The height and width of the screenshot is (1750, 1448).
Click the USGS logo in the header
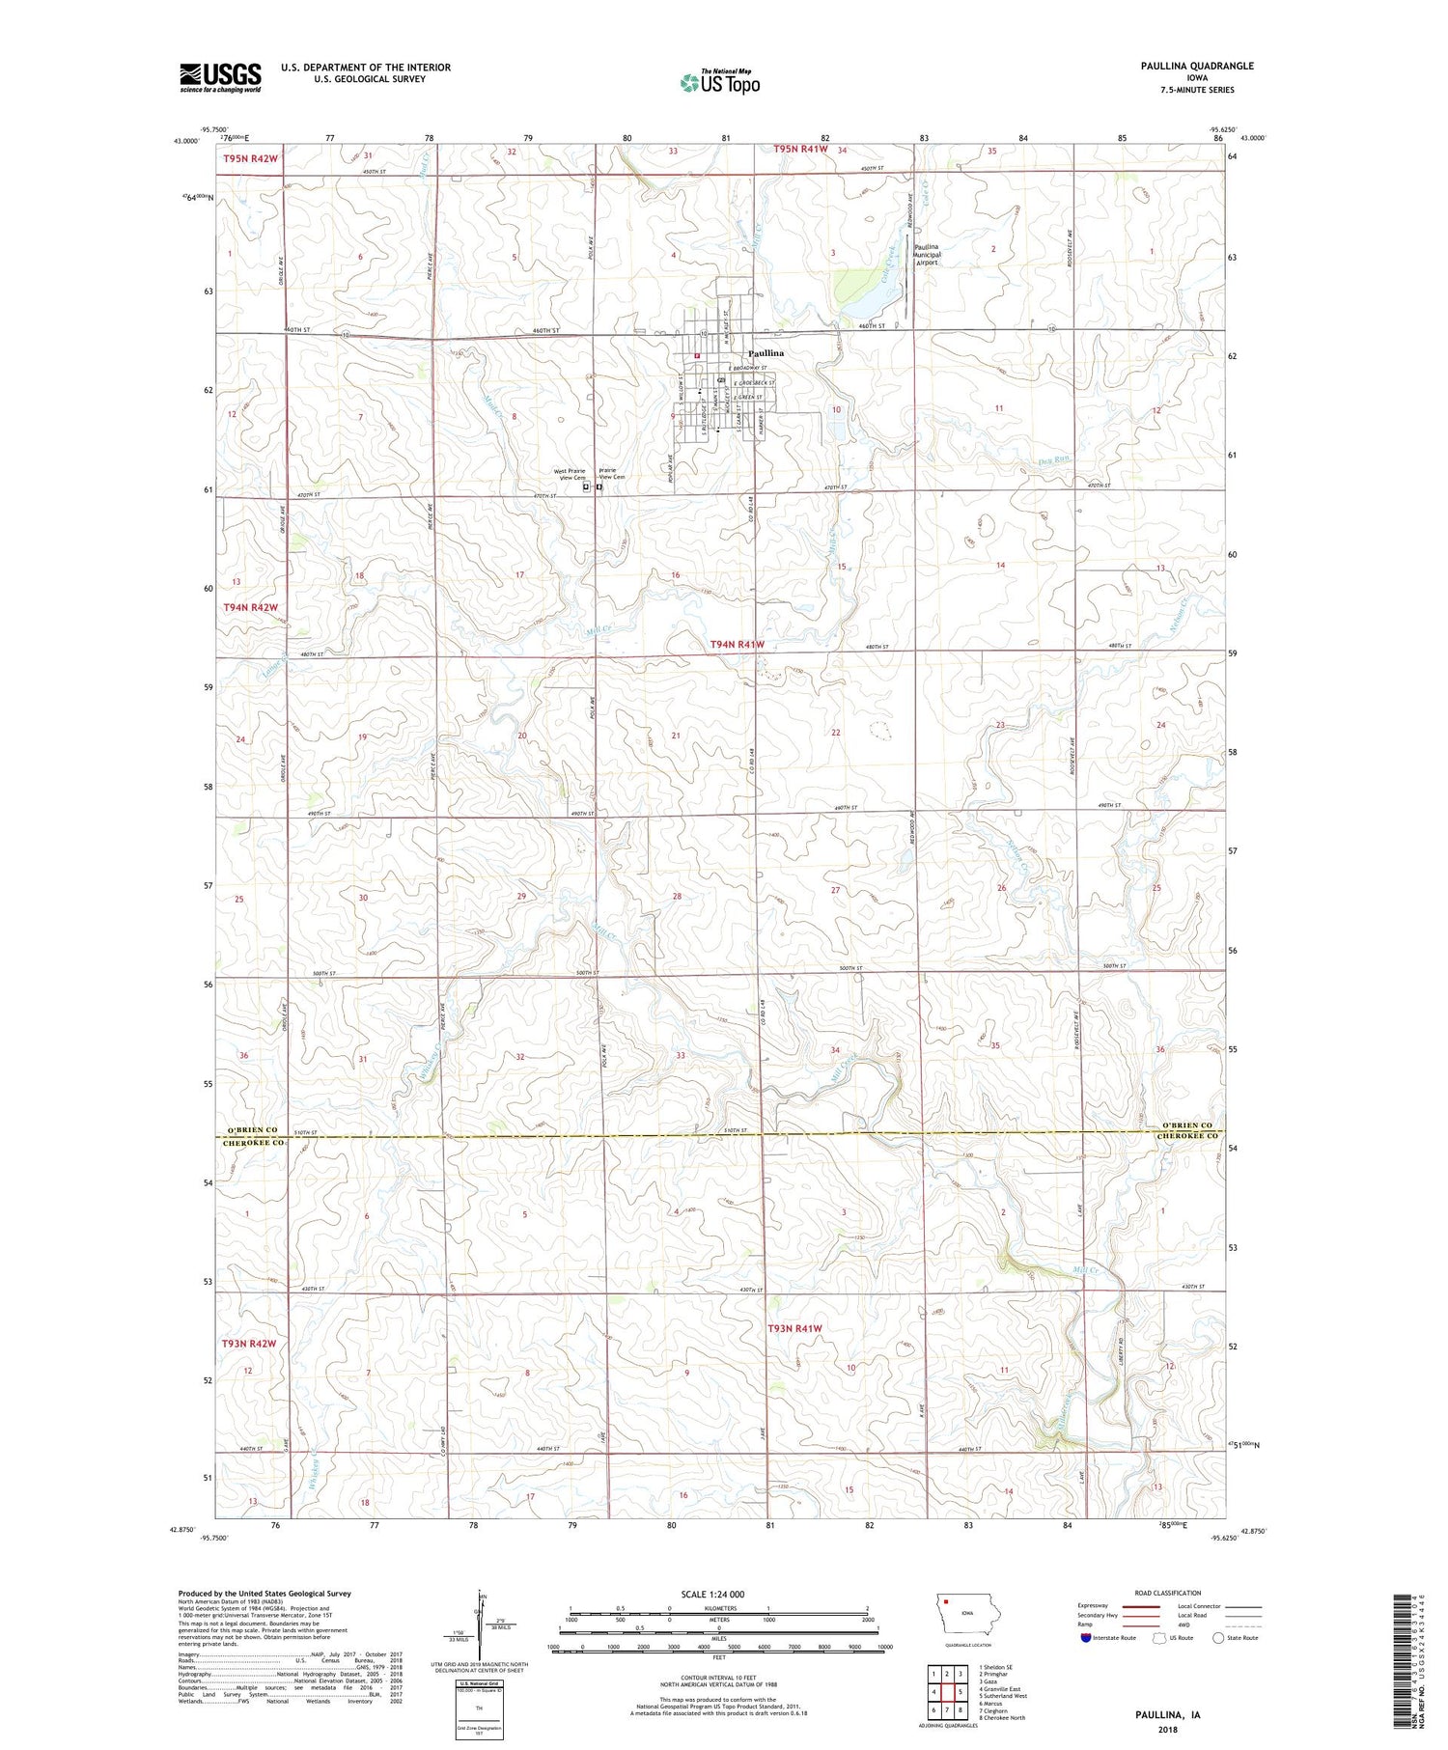[220, 77]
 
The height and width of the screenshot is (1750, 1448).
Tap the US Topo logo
[719, 83]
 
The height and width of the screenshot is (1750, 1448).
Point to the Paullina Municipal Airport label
[926, 254]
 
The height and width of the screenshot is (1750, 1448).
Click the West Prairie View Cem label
[570, 474]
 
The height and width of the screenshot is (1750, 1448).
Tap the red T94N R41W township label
[737, 644]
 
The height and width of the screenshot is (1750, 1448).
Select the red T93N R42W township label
[249, 1343]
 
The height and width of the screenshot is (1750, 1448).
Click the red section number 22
[835, 733]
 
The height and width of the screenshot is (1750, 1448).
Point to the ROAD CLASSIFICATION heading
[1168, 1593]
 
